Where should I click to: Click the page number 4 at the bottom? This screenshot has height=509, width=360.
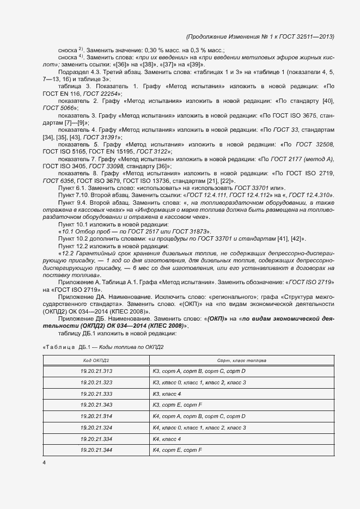[44, 463]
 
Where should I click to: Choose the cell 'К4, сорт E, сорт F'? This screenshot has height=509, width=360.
[178, 450]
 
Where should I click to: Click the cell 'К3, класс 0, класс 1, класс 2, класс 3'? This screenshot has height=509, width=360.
[199, 383]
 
